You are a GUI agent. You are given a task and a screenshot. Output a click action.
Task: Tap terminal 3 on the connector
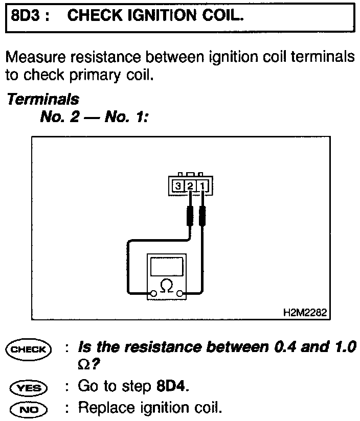click(177, 186)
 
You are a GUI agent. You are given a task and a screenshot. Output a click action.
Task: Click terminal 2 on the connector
click(190, 186)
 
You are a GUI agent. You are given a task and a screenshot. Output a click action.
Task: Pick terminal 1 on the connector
click(202, 186)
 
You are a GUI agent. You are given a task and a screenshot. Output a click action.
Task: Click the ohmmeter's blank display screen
click(166, 266)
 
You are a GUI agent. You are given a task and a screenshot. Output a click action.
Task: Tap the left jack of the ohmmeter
click(153, 294)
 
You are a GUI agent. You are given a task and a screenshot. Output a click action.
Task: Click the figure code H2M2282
click(305, 312)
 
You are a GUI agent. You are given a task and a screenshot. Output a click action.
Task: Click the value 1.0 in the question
click(341, 348)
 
